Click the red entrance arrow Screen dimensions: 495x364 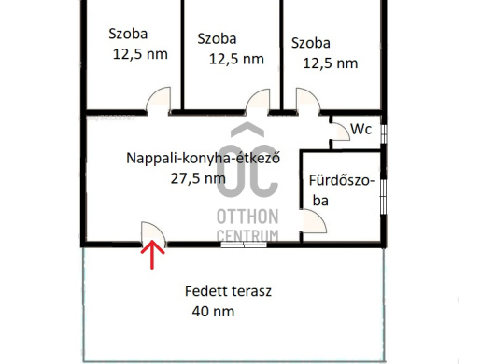point(152,255)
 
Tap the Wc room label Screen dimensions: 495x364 point(361,130)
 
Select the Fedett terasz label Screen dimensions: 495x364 point(228,291)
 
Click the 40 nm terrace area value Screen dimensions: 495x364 point(213,312)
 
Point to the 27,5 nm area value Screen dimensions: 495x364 point(198,178)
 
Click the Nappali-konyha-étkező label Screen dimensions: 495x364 point(203,158)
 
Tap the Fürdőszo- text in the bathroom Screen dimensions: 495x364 point(342,180)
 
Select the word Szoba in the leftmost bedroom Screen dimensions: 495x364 point(128,34)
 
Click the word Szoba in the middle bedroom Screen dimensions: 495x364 point(217,39)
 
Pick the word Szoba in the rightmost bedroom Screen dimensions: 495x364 point(311,43)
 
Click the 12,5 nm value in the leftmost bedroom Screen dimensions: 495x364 point(140,54)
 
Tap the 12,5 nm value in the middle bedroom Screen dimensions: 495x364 point(236,60)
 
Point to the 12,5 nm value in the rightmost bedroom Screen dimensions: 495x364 point(331,63)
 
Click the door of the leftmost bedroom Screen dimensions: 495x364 point(158,100)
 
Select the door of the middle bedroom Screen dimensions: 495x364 point(258,102)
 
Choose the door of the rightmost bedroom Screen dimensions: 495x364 point(308,101)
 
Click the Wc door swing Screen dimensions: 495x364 point(340,132)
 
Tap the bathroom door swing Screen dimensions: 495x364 point(314,221)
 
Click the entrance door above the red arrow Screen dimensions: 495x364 point(153,233)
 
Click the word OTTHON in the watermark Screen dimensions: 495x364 point(247,217)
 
